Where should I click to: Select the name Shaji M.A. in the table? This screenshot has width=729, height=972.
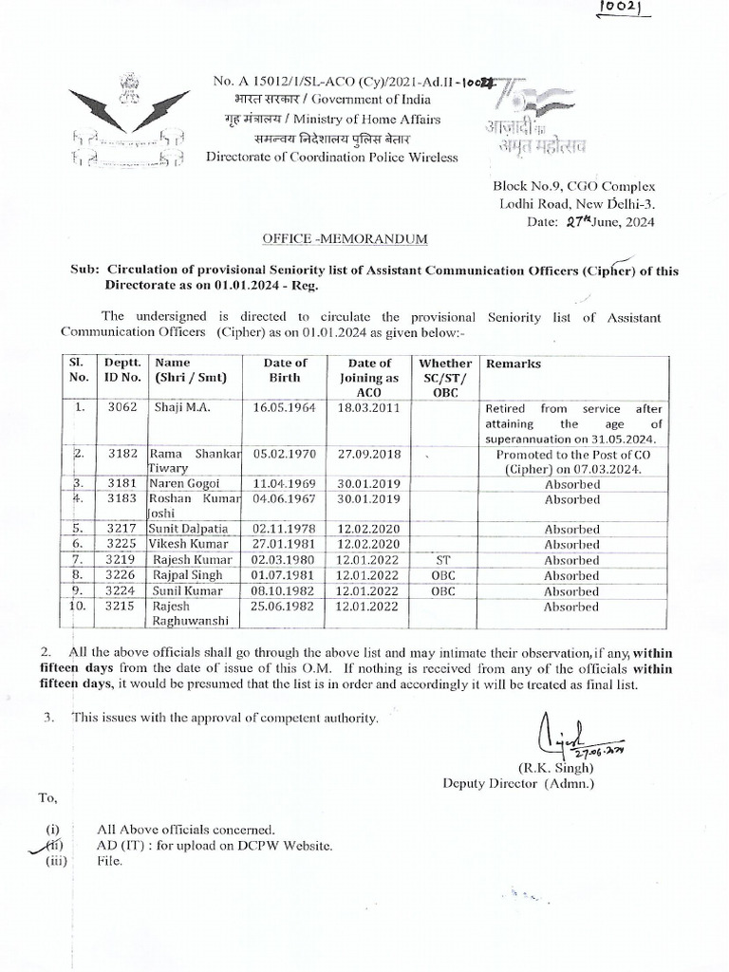(178, 409)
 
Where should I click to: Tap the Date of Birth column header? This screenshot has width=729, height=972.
(286, 370)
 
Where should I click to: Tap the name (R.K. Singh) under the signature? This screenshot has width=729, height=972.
(555, 766)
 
